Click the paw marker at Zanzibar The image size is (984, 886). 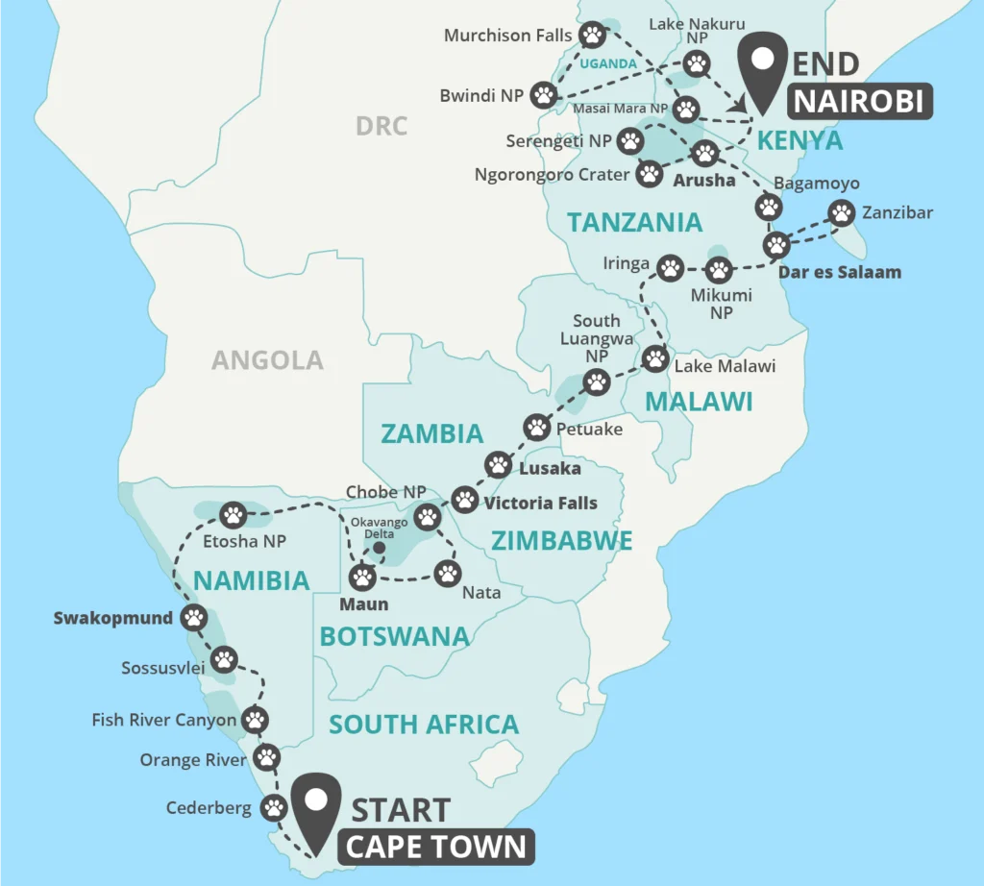pos(841,213)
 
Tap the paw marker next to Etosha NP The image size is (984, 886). pos(234,515)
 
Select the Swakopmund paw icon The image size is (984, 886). pos(195,617)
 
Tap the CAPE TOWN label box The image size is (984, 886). pos(435,847)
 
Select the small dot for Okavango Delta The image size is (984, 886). pos(379,548)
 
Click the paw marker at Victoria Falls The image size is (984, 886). pos(465,500)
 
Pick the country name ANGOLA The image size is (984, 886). pos(267,360)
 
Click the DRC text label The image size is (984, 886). pos(381,126)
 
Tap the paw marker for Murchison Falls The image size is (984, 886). pos(593,36)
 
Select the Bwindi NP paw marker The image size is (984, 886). pos(545,94)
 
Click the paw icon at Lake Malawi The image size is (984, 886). pos(655,358)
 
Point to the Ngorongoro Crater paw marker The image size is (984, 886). pos(651,174)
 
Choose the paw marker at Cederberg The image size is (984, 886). pos(275,807)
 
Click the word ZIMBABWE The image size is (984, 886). pos(562,541)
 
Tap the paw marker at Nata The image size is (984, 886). pos(449,574)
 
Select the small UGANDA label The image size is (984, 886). pos(607,63)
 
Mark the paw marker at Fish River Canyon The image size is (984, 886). pos(256,719)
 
